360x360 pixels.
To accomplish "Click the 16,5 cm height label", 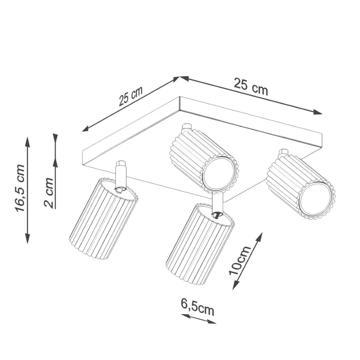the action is (20, 188).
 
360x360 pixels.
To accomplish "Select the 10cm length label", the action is (240, 260).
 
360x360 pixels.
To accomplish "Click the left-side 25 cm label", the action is (131, 96).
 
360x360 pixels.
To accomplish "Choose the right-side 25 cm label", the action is (251, 86).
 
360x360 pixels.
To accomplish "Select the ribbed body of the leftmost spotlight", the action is (103, 218).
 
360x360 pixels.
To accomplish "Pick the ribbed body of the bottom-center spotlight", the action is (200, 244).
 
